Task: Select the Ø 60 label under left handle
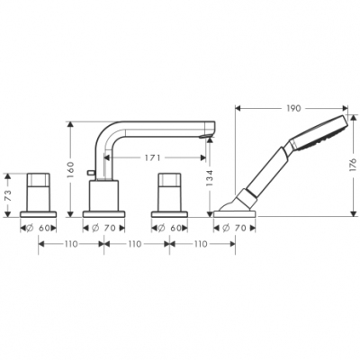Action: point(39,229)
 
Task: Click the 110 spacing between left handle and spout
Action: point(70,245)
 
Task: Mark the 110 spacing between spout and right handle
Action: point(134,245)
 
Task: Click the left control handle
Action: point(39,189)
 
